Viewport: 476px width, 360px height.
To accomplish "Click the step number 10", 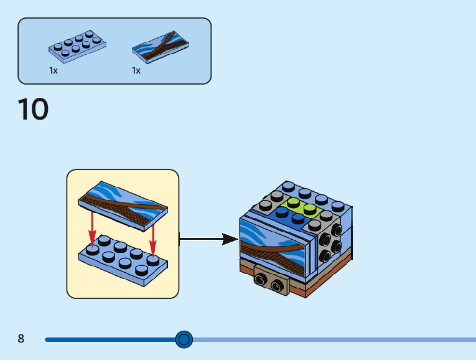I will pyautogui.click(x=33, y=110).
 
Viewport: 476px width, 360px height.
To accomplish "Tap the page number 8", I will pyautogui.click(x=21, y=339).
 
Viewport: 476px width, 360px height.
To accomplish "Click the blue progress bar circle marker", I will pyautogui.click(x=184, y=339).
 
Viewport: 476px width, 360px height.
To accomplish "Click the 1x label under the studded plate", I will pyautogui.click(x=54, y=70).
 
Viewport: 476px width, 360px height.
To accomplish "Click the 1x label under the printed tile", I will pyautogui.click(x=136, y=70).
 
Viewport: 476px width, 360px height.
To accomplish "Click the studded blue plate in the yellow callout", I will pyautogui.click(x=122, y=262).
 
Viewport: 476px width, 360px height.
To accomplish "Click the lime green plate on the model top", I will pyautogui.click(x=301, y=207).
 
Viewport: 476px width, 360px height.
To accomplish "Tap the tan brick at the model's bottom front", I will pyautogui.click(x=271, y=283).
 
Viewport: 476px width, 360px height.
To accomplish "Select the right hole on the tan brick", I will pyautogui.click(x=276, y=286).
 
